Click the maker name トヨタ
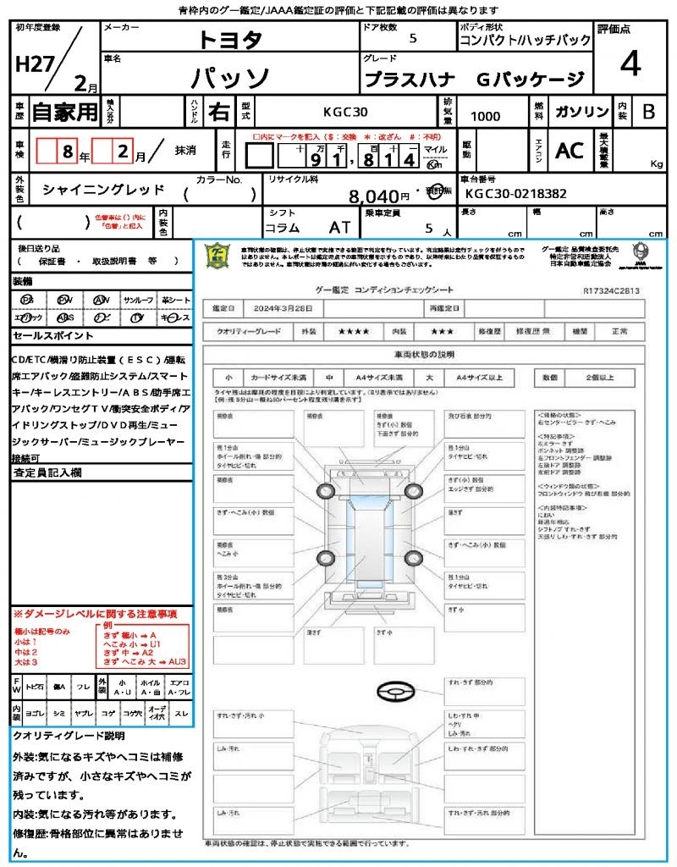(230, 39)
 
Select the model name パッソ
(229, 79)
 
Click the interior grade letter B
(648, 111)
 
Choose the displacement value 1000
(485, 116)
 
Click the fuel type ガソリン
(580, 112)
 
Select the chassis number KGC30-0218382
(515, 194)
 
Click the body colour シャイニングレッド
(103, 190)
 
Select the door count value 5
(412, 39)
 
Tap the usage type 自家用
(64, 111)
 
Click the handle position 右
(218, 111)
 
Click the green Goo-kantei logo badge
(218, 256)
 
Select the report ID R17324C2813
(611, 290)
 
